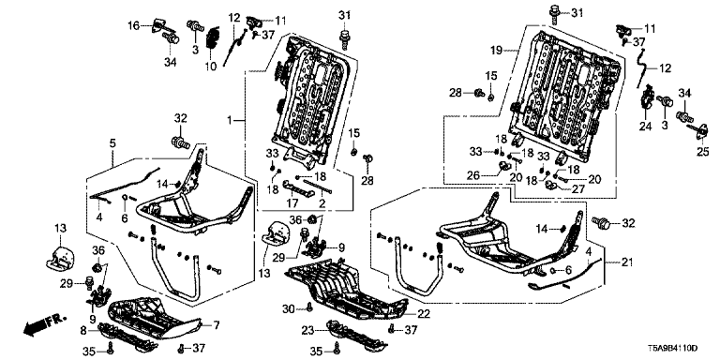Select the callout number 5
[112, 143]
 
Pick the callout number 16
[133, 26]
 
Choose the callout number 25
[702, 152]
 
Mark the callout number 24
[646, 126]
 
